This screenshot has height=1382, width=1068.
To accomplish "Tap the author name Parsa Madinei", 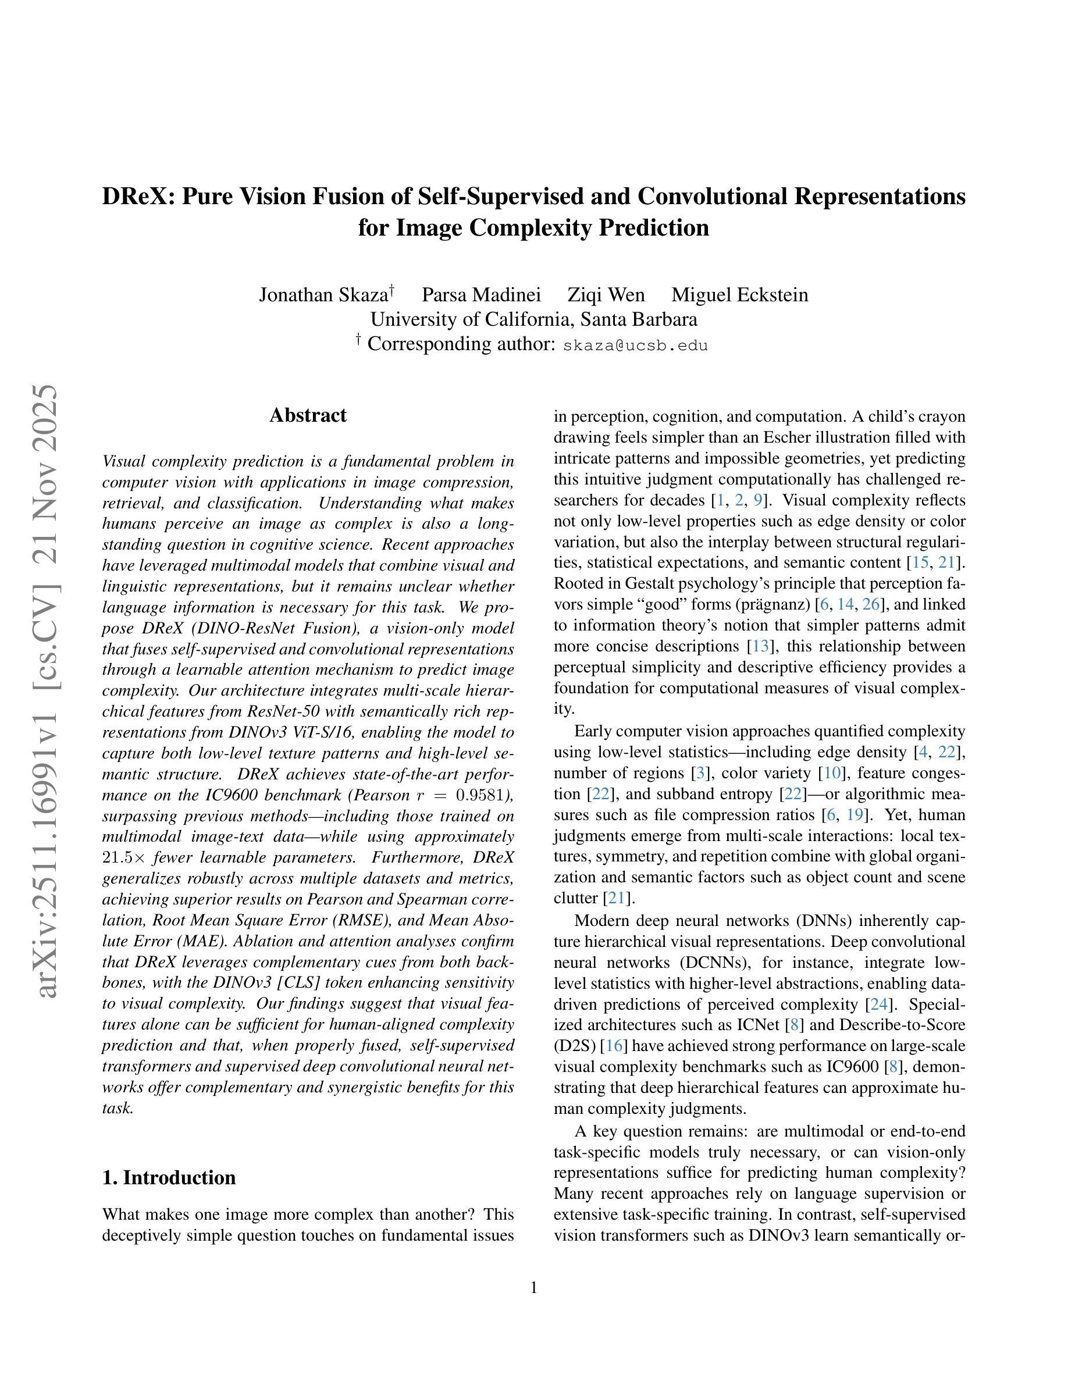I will click(x=481, y=295).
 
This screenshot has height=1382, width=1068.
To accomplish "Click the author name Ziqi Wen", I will click(x=606, y=295).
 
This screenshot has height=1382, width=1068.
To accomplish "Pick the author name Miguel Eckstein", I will click(x=739, y=295).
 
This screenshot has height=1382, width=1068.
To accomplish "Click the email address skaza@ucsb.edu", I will click(x=635, y=345).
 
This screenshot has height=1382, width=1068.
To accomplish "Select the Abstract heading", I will click(x=308, y=415).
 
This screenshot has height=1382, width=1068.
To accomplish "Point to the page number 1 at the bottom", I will click(x=533, y=1288).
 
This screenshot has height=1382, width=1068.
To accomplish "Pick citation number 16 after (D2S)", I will click(x=614, y=1046).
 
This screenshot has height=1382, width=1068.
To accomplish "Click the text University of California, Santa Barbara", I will click(x=533, y=319).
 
